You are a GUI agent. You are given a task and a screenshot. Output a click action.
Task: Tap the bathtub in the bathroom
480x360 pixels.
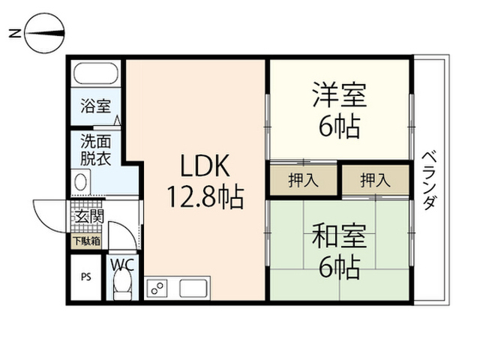(x=94, y=74)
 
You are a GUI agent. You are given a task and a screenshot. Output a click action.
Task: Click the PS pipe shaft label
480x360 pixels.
(x=85, y=276)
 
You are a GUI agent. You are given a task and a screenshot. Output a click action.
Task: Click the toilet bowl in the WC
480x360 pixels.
(x=121, y=286)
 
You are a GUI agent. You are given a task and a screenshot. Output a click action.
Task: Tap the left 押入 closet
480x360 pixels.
(x=302, y=180)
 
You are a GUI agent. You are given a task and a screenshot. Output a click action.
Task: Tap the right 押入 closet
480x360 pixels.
(x=375, y=180)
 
